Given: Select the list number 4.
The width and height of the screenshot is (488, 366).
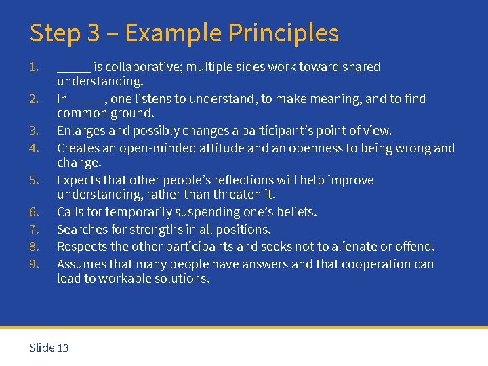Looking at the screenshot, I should [34, 148].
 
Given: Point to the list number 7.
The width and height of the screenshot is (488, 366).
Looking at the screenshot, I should [34, 230].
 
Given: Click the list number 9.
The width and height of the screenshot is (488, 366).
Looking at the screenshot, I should [34, 264].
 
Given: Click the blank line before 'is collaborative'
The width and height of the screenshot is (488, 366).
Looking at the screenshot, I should [73, 68].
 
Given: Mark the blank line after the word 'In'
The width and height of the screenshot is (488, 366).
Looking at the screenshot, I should [88, 100].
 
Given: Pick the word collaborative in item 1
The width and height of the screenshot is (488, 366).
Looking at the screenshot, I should [143, 67].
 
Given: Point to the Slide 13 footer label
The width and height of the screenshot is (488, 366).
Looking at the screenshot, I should [49, 348].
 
